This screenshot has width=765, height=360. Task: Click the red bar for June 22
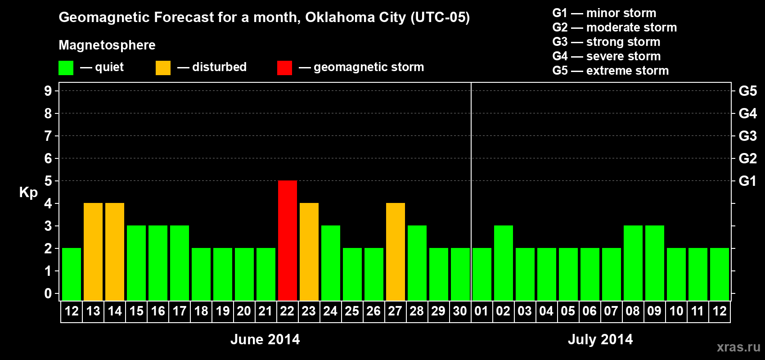(x=287, y=240)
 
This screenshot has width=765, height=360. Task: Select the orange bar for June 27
(x=395, y=252)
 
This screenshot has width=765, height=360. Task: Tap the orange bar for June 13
(x=93, y=252)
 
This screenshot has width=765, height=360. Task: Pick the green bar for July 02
(x=503, y=263)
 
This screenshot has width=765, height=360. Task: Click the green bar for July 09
(x=654, y=263)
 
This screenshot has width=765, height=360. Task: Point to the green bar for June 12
(x=71, y=274)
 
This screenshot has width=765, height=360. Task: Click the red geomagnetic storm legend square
(x=284, y=68)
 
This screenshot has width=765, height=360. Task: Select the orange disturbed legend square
(x=163, y=68)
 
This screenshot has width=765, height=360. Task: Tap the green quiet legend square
(x=66, y=68)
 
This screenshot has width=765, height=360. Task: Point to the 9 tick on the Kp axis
(x=48, y=91)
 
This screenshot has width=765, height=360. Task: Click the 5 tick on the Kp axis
(x=48, y=181)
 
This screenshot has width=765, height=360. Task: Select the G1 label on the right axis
(x=747, y=181)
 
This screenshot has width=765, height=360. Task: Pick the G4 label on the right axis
(x=747, y=113)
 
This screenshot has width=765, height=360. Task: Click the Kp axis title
(x=28, y=193)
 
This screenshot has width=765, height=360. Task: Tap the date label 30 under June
(x=460, y=311)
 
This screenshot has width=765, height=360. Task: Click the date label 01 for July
(x=481, y=311)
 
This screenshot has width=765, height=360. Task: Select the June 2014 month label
(x=265, y=339)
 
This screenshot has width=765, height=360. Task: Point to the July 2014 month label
(x=600, y=339)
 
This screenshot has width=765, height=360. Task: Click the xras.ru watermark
(x=738, y=347)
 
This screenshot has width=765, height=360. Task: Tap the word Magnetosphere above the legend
(x=107, y=45)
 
